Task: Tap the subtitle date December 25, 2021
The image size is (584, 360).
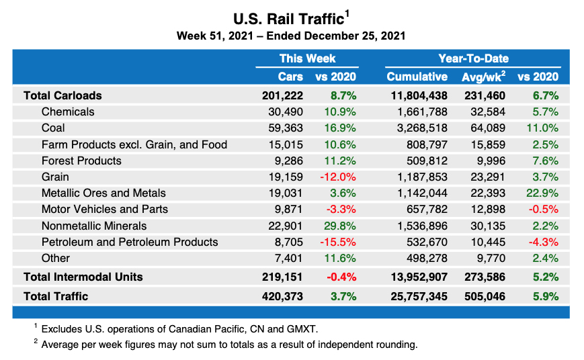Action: pyautogui.click(x=357, y=36)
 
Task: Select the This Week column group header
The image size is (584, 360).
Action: pyautogui.click(x=307, y=58)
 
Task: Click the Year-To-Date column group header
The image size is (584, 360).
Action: pyautogui.click(x=473, y=58)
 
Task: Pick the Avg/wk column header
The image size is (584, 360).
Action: pyautogui.click(x=483, y=77)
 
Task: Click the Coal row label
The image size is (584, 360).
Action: pyautogui.click(x=53, y=128)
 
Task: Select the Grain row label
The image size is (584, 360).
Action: pyautogui.click(x=55, y=177)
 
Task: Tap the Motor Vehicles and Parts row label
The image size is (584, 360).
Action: pyautogui.click(x=104, y=210)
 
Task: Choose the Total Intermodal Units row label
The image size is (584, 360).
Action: pyautogui.click(x=83, y=277)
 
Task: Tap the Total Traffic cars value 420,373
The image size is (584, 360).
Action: pyautogui.click(x=282, y=296)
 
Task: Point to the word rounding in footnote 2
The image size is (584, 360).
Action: pyautogui.click(x=394, y=345)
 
